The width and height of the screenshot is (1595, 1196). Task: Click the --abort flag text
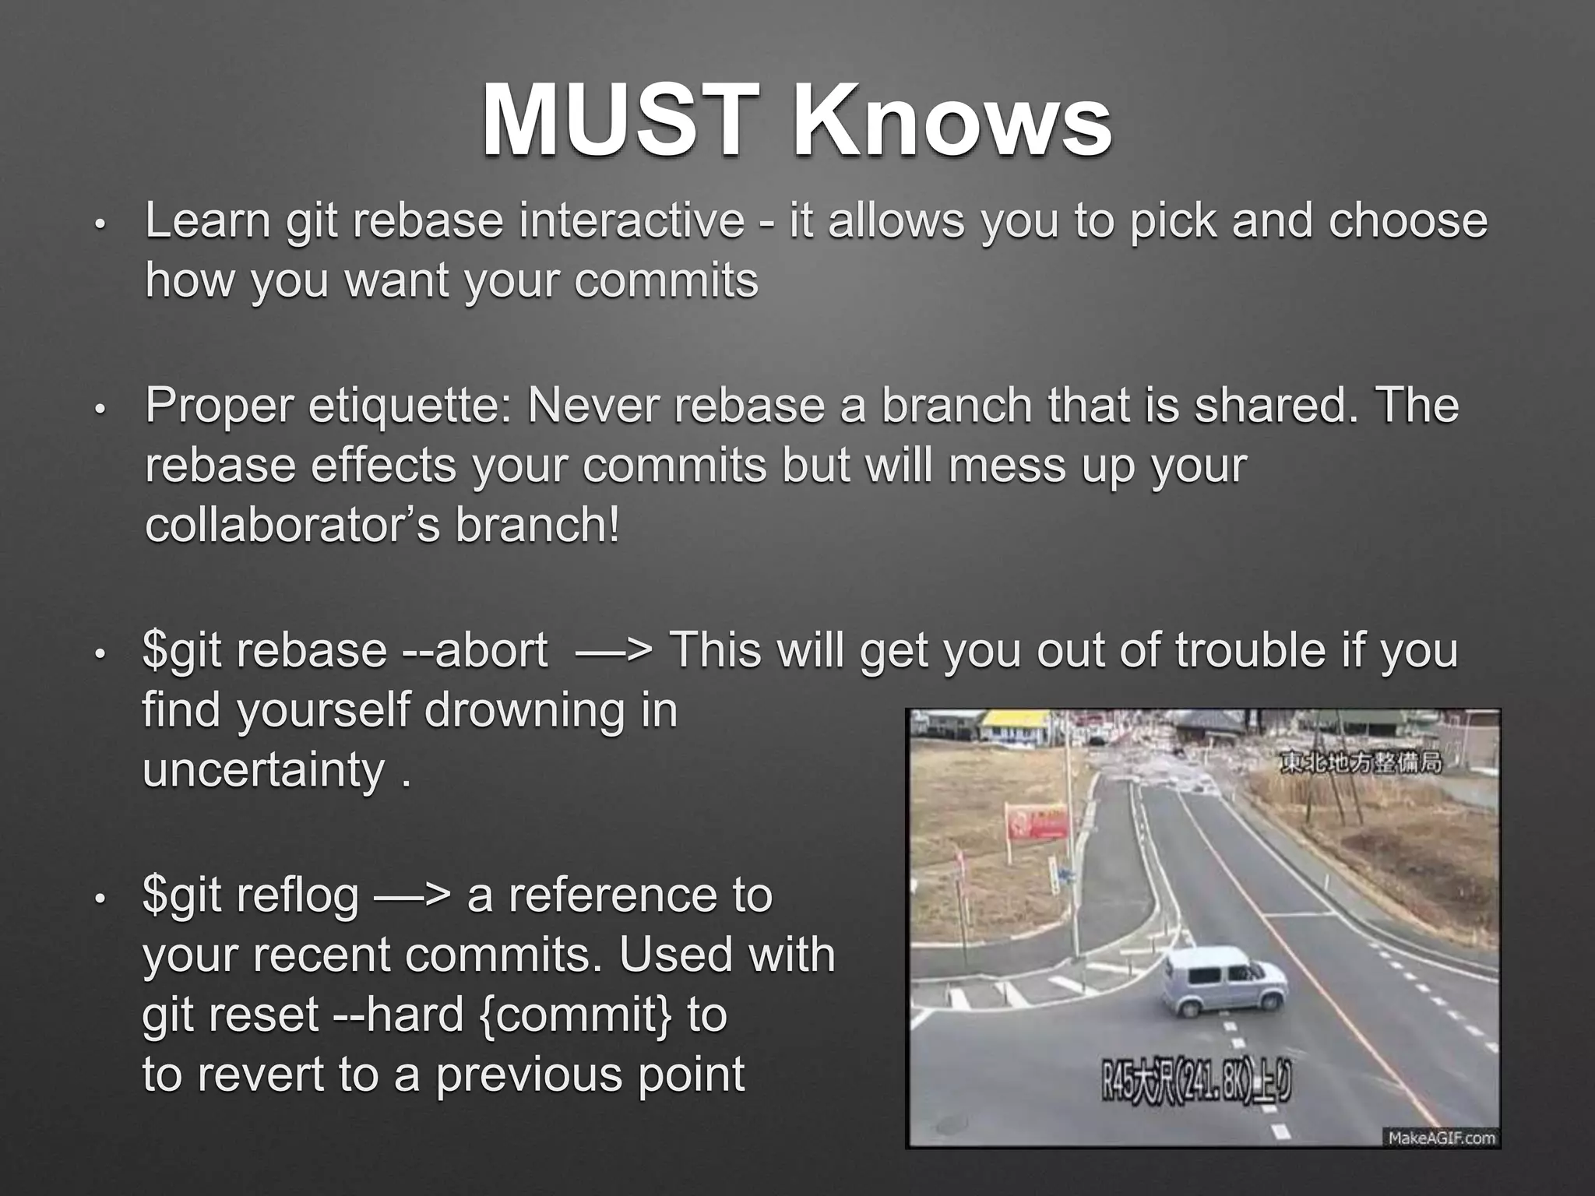click(476, 650)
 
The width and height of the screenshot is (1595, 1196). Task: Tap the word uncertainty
click(264, 770)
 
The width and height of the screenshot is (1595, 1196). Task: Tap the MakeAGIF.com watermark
click(1442, 1138)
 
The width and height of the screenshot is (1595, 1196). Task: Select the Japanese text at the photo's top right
click(1361, 761)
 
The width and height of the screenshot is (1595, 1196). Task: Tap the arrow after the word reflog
click(412, 895)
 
